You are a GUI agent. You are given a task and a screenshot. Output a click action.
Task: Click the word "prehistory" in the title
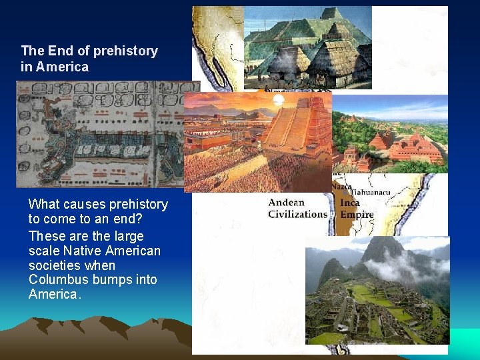coord(125,51)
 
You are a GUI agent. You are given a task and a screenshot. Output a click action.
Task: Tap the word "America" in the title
coord(62,67)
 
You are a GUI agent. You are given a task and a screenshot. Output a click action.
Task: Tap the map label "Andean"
coord(286,203)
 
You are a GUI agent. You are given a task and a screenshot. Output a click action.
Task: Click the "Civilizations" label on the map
coord(297,214)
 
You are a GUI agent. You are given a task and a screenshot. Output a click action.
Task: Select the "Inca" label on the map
coord(349,203)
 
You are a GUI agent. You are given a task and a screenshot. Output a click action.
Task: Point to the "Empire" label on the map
coord(357,215)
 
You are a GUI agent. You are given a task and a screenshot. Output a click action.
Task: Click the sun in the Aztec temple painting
coord(279,101)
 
